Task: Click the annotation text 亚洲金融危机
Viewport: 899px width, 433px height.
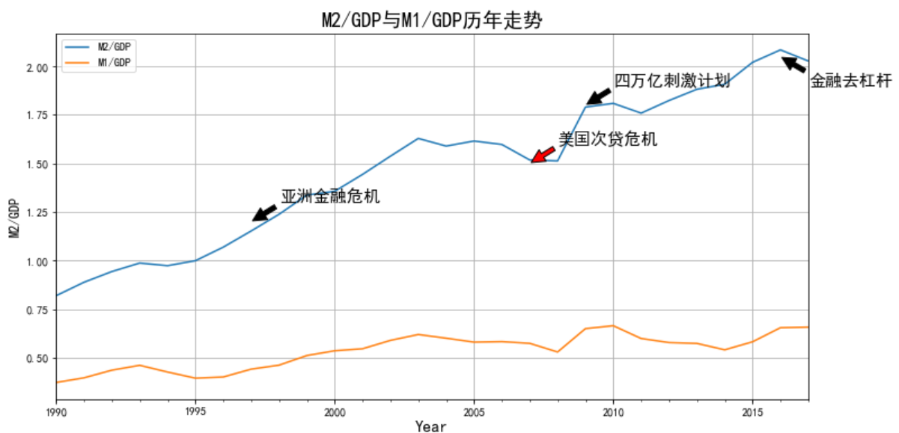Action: click(x=330, y=197)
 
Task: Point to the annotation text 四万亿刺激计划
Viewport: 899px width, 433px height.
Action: click(x=671, y=81)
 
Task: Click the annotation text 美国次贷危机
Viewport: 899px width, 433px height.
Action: click(x=608, y=139)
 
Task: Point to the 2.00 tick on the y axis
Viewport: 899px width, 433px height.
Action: click(x=37, y=68)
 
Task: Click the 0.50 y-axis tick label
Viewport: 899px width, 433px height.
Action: click(x=37, y=359)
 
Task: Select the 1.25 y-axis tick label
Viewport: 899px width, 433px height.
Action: click(x=37, y=213)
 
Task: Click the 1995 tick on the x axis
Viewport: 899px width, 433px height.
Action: click(x=195, y=411)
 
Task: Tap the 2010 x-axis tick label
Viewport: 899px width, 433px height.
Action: click(x=613, y=411)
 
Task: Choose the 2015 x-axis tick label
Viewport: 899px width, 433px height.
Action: click(x=752, y=411)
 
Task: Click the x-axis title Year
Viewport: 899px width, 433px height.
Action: click(x=431, y=426)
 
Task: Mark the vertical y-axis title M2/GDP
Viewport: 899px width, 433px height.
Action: click(x=13, y=217)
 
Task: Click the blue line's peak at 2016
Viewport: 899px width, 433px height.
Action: click(x=781, y=50)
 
